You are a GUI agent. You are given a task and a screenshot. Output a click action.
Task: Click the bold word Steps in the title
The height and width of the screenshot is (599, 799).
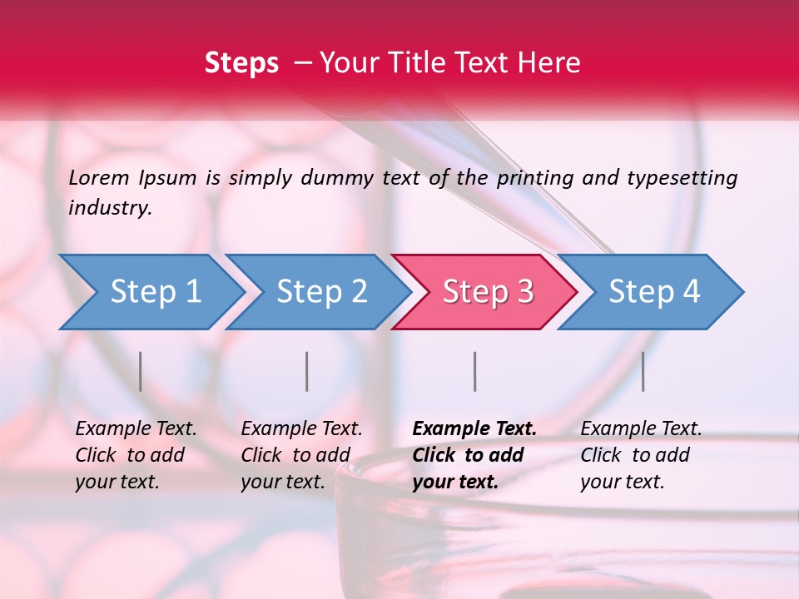point(241,63)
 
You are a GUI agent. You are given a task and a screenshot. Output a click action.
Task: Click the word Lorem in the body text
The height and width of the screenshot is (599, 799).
point(99,177)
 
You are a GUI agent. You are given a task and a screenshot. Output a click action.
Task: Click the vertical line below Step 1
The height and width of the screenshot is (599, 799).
point(141,371)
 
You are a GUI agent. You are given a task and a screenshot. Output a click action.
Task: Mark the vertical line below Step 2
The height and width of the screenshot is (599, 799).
point(307,371)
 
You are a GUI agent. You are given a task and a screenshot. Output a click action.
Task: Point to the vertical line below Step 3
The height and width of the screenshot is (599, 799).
point(475,371)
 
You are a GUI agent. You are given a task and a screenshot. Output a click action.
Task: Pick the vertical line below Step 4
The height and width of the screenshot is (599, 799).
point(643,371)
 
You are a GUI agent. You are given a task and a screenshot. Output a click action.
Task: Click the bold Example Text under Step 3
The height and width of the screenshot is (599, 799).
point(474,429)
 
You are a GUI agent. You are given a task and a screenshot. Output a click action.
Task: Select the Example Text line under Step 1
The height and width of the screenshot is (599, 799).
point(136,429)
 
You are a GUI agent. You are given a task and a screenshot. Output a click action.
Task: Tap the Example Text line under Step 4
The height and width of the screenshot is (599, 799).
point(641,429)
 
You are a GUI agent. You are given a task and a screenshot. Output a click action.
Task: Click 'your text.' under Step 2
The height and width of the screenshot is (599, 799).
point(282,482)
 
